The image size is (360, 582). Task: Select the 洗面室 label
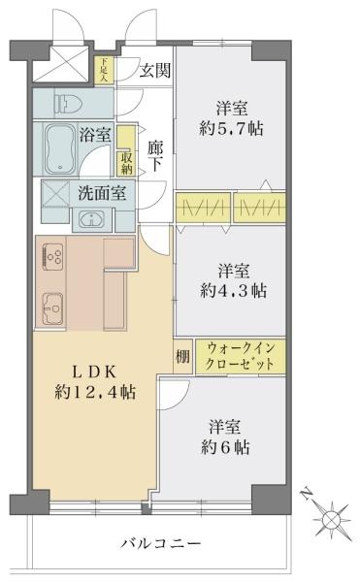pos(102,192)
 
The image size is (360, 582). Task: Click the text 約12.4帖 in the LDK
pos(94,392)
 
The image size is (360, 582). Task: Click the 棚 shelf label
pos(182,355)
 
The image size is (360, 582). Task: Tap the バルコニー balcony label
pos(161,545)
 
